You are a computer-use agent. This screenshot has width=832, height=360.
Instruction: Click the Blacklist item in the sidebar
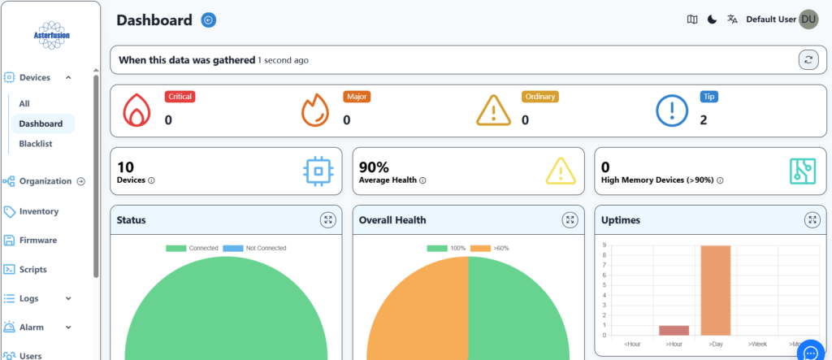[x=36, y=144]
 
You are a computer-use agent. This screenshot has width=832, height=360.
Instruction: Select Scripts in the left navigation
[x=32, y=270]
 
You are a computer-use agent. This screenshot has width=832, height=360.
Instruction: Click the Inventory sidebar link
[x=38, y=211]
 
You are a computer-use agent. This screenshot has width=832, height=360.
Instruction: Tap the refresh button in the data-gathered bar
[x=808, y=59]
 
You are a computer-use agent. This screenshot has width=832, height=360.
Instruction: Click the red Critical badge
[x=180, y=97]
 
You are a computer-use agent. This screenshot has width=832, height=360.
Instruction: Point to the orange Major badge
[x=357, y=97]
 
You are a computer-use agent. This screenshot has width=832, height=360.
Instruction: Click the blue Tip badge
[x=708, y=97]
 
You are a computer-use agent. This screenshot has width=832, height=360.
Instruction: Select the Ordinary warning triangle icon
[x=493, y=111]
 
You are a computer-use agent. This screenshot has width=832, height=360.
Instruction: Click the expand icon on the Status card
[x=327, y=219]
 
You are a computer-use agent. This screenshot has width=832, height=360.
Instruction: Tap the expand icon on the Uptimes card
[x=812, y=219]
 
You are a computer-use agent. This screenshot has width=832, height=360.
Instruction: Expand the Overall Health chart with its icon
[x=570, y=219]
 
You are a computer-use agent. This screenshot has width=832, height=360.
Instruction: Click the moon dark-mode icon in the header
[x=712, y=20]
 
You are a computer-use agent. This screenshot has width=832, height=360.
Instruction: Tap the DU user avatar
[x=808, y=20]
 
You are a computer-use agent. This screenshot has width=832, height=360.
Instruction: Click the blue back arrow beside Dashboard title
[x=209, y=20]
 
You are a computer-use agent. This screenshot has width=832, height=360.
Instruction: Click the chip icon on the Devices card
[x=317, y=171]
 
